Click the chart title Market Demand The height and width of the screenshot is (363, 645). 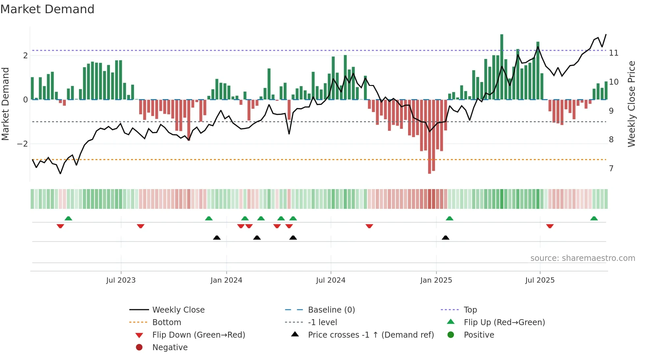coord(47,9)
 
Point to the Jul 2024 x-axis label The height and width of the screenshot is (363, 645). coord(331,280)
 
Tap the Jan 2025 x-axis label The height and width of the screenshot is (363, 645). coord(436,280)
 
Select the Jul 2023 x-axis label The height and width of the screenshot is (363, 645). coord(121,280)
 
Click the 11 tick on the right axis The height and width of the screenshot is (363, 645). coord(614,53)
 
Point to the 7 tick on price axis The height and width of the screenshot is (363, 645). coord(611,169)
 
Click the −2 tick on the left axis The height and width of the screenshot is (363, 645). coord(22,144)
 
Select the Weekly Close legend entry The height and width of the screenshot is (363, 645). coord(178,310)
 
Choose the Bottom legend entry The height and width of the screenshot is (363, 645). coord(167,322)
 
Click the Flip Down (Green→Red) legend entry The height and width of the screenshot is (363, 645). coord(198,335)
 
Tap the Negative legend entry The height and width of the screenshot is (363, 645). coord(170,348)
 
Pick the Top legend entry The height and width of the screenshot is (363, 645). coord(470,310)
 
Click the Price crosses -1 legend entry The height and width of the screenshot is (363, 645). coord(371,335)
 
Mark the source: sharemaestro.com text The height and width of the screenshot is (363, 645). coord(582,258)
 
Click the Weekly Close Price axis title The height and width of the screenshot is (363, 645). coord(631,104)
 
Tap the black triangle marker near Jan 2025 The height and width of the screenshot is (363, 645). coord(446,237)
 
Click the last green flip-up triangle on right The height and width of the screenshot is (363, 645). coord(594,218)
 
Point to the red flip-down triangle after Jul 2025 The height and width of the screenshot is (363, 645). coord(550,226)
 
